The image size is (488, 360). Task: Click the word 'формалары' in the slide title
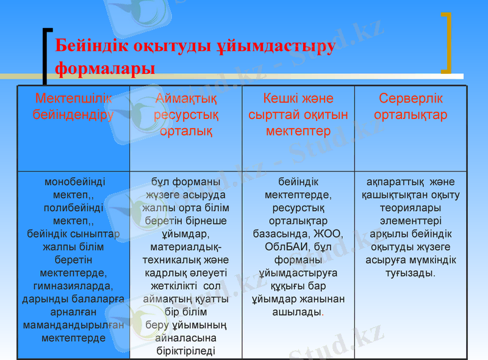coord(104,68)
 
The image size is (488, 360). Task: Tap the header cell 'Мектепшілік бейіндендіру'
coord(73,106)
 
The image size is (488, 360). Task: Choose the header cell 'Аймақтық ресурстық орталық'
coord(186,115)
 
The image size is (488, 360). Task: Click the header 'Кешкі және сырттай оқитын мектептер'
coord(298,115)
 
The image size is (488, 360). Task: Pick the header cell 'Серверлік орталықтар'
coord(411,106)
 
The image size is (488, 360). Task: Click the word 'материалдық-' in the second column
coord(186,247)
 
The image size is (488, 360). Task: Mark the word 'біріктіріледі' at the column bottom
coord(186,350)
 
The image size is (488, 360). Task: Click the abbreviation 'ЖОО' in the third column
coord(329,234)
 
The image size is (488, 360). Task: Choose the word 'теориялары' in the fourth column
coord(411,207)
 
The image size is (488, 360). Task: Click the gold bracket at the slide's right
coord(447,42)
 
